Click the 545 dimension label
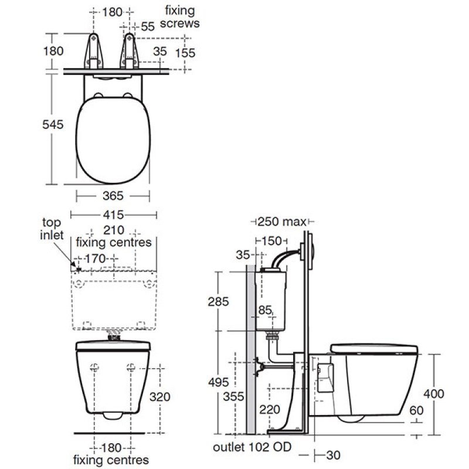[53, 124]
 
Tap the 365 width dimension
[113, 196]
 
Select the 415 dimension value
[113, 215]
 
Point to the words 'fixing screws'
[179, 17]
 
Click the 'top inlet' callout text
[52, 229]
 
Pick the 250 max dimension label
[282, 222]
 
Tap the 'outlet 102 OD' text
[252, 447]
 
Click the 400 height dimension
[434, 393]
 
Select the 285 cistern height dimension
[218, 301]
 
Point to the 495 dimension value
[219, 382]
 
